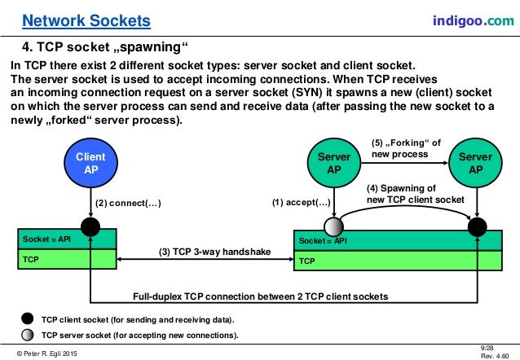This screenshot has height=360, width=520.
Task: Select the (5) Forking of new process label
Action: pos(406,148)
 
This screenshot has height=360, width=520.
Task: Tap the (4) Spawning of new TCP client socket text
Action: pos(416,193)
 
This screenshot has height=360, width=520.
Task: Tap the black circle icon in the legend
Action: pos(27,319)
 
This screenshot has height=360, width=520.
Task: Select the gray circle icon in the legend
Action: pos(27,335)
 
